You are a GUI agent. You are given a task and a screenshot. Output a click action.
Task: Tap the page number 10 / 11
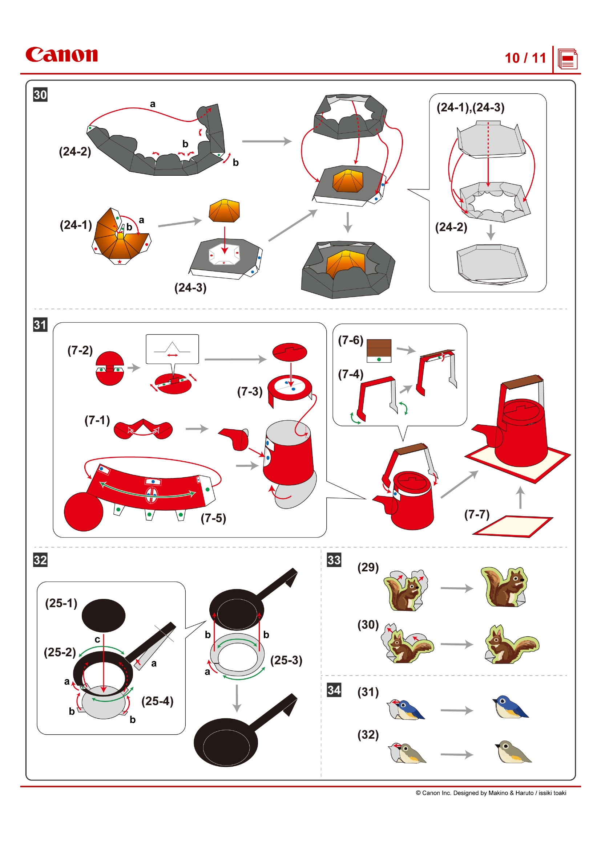click(x=525, y=58)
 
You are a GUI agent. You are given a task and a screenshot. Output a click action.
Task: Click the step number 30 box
click(x=40, y=95)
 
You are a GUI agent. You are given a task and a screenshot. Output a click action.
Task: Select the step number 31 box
click(x=40, y=325)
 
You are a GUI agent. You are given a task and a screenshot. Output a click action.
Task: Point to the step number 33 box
click(x=334, y=560)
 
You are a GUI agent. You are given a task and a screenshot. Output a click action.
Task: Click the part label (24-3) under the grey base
click(x=190, y=288)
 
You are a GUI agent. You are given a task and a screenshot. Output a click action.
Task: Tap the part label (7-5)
click(x=213, y=518)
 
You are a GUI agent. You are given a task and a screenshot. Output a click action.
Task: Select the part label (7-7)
click(x=477, y=514)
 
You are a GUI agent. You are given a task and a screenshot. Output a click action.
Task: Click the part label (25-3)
click(x=286, y=660)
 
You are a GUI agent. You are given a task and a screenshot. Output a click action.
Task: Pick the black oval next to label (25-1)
click(x=104, y=615)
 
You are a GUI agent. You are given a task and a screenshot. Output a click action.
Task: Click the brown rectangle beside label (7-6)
click(x=379, y=348)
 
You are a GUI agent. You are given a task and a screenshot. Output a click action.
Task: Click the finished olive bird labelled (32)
click(x=513, y=752)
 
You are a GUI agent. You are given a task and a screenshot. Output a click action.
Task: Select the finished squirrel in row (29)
click(x=505, y=587)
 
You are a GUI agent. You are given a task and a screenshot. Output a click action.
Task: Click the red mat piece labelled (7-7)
click(x=513, y=526)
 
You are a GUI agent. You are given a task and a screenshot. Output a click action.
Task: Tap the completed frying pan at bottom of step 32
click(x=226, y=742)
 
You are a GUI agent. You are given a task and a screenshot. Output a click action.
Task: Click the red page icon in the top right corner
click(x=567, y=59)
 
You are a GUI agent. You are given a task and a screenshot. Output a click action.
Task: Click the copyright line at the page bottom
click(x=491, y=793)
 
